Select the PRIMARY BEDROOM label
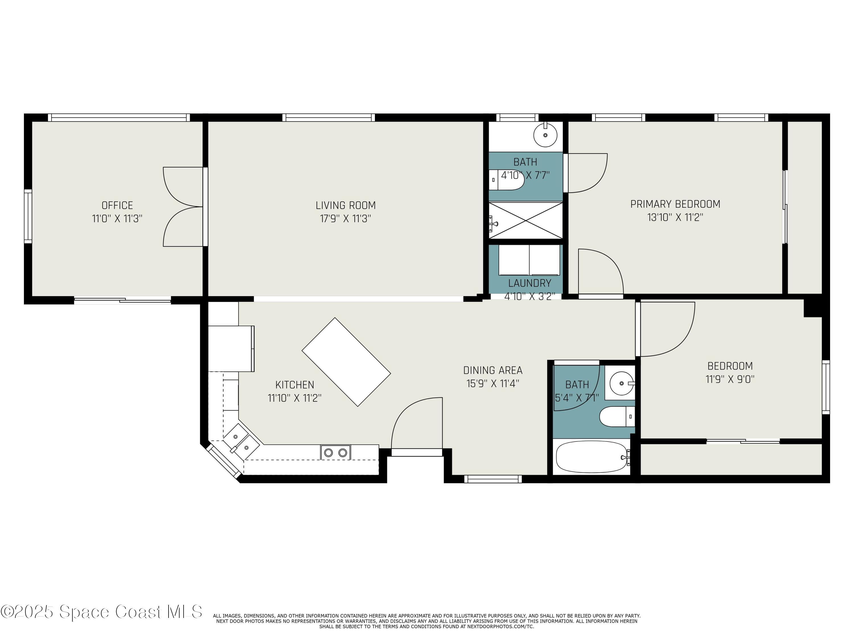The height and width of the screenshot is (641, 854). click(x=675, y=204)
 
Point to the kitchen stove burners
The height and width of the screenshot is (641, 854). click(x=335, y=452)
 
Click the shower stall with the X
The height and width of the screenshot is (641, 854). click(x=526, y=220)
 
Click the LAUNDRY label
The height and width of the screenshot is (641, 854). click(x=529, y=283)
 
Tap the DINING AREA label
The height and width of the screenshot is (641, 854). click(x=493, y=370)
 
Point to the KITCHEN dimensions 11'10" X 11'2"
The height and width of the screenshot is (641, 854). click(x=295, y=398)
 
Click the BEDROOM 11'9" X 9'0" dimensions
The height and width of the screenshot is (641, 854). click(x=730, y=379)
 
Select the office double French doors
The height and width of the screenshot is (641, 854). click(x=183, y=207)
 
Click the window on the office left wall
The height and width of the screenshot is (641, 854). click(x=28, y=216)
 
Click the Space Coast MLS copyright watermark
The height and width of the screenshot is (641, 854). click(x=101, y=612)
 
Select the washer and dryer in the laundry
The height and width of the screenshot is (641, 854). click(x=529, y=260)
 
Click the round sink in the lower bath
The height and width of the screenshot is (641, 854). click(x=621, y=383)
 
